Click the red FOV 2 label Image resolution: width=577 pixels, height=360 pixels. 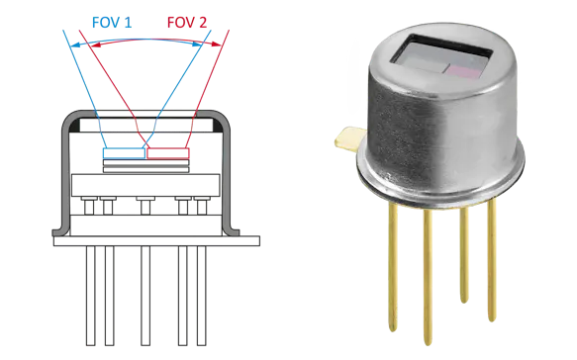[185, 22]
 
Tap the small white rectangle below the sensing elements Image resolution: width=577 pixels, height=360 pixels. [146, 200]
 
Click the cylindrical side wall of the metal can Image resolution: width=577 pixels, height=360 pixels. [435, 138]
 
